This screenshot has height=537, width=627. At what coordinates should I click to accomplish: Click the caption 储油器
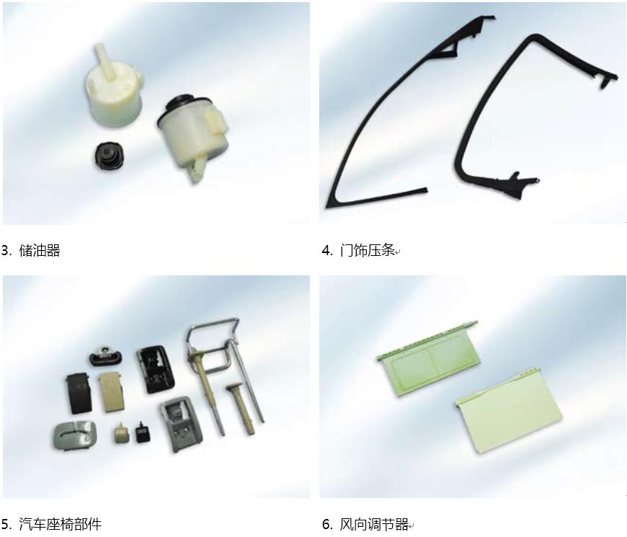[40, 251]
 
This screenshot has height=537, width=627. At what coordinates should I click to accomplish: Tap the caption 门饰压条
[367, 251]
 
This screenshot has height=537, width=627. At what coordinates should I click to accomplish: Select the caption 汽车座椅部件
[60, 524]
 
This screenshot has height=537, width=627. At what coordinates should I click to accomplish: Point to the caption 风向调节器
[374, 524]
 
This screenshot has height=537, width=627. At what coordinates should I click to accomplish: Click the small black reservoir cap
[108, 155]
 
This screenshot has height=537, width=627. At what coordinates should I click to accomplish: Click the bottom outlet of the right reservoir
[197, 171]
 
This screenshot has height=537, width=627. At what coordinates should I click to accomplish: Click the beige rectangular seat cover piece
[112, 392]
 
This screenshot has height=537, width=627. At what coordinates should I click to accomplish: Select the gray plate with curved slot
[75, 436]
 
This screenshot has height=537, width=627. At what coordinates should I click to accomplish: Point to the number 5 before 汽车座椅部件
[6, 524]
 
